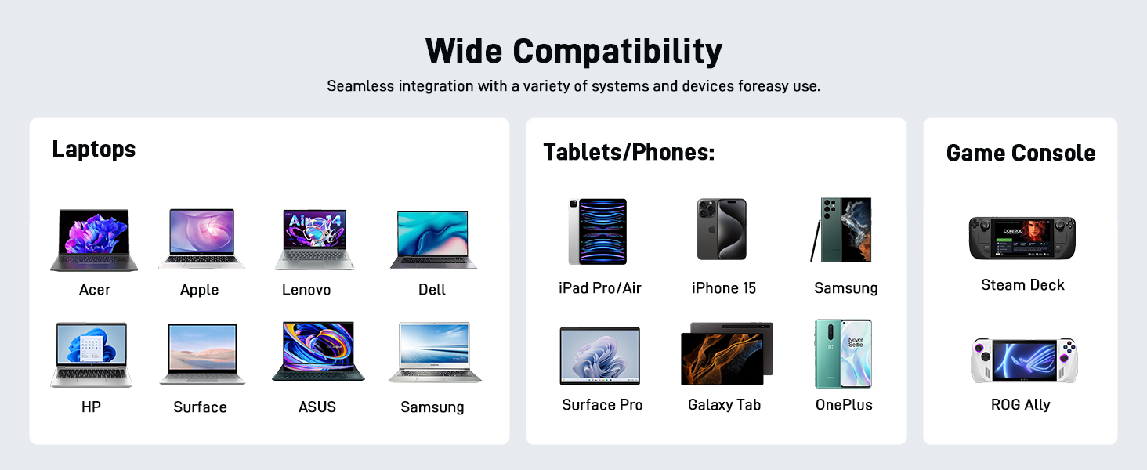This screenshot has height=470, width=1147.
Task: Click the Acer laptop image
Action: (x=94, y=240)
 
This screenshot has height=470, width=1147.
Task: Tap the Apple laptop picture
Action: (x=201, y=239)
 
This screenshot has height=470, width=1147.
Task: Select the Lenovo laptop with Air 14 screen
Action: (x=315, y=239)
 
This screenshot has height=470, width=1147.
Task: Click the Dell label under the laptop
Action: (x=432, y=290)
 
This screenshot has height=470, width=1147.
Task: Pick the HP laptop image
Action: (x=91, y=354)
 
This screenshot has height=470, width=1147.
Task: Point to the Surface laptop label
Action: (x=200, y=407)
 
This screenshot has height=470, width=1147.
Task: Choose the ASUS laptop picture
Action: (x=318, y=352)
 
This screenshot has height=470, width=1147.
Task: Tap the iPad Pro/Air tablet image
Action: (x=597, y=231)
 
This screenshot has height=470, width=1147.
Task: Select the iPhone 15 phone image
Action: (x=722, y=230)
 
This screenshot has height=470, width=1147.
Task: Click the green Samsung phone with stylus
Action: (x=843, y=230)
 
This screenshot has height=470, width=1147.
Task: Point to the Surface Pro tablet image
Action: (x=599, y=356)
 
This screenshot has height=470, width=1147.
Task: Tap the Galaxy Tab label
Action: (x=724, y=405)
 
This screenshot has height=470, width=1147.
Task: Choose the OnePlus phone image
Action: (x=843, y=353)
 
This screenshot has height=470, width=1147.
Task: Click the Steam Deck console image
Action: (x=1022, y=238)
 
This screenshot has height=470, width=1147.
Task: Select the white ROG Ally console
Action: (x=1023, y=361)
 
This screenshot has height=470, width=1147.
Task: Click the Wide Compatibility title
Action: (x=573, y=52)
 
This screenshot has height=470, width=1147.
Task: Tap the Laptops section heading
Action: (x=94, y=149)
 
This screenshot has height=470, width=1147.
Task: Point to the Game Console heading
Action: (x=1021, y=153)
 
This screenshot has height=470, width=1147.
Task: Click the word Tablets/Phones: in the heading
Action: (x=628, y=152)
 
